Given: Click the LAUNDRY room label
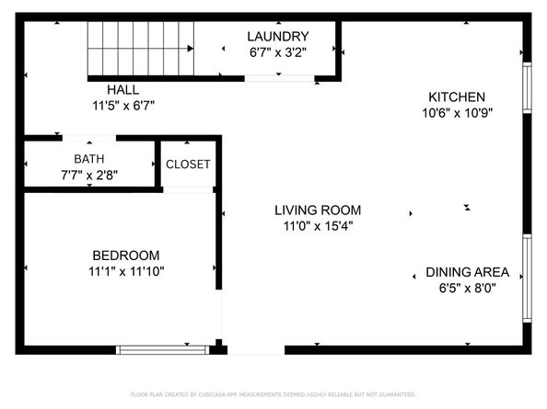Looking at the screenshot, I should click(x=277, y=37).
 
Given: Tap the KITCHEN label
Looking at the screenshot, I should click(x=457, y=97).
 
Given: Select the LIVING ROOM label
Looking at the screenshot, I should click(x=318, y=210).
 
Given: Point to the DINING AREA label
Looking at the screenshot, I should click(x=467, y=273).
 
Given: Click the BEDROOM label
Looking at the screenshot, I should click(x=126, y=256).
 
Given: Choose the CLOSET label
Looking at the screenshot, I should click(x=188, y=165).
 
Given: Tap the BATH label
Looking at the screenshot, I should click(x=89, y=158).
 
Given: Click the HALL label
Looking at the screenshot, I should click(x=122, y=90).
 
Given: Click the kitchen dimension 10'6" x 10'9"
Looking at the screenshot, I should click(x=457, y=113).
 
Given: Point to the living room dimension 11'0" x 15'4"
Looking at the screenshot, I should click(x=318, y=225).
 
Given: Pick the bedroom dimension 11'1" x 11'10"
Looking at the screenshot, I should click(x=126, y=271).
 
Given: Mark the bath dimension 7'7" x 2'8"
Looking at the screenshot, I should click(x=89, y=174).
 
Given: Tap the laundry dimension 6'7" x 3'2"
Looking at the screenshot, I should click(x=277, y=52).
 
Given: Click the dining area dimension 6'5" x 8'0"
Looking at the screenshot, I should click(x=467, y=289).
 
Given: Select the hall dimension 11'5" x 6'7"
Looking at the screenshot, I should click(x=122, y=106).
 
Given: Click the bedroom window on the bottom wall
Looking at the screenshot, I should click(x=162, y=348).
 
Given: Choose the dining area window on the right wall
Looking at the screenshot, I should click(x=527, y=278).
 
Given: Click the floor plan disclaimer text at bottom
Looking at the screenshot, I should click(x=273, y=394).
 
